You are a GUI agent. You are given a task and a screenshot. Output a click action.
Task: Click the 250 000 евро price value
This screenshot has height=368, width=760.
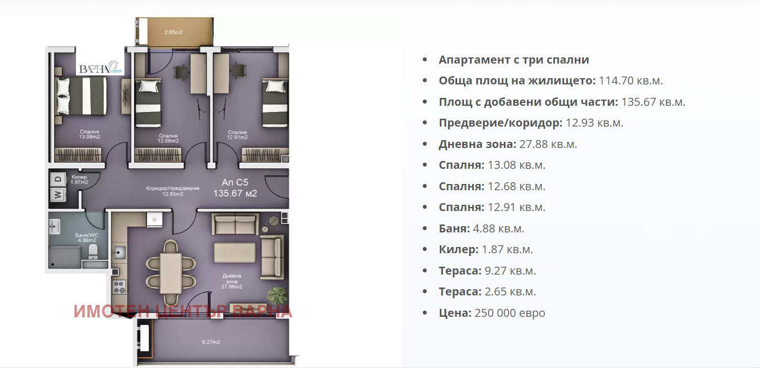click(509, 313)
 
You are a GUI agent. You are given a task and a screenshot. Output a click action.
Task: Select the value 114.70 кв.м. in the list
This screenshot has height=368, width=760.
click(631, 81)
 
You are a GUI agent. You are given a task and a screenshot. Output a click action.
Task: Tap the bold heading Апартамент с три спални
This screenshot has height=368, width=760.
click(513, 60)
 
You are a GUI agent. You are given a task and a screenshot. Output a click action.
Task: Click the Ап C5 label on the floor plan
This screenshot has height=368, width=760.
click(235, 182)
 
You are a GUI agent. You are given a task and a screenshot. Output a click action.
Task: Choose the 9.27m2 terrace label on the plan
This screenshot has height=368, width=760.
click(211, 342)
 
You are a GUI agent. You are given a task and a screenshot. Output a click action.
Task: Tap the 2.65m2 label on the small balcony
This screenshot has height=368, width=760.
click(173, 32)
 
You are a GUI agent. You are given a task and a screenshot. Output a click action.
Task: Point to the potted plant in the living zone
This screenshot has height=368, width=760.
click(277, 295)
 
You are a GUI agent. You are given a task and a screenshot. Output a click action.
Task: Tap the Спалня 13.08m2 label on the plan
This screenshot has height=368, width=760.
click(90, 134)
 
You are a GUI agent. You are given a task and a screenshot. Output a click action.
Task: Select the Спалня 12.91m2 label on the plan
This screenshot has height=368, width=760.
click(237, 134)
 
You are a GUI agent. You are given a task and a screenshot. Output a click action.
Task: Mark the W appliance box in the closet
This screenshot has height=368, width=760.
click(57, 195)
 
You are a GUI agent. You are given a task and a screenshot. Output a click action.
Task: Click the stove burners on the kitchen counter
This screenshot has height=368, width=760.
click(119, 287)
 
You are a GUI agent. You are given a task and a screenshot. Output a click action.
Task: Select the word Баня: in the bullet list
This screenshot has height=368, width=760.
click(454, 228)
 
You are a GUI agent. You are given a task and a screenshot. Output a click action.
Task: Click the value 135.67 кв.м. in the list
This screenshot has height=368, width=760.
click(653, 102)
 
